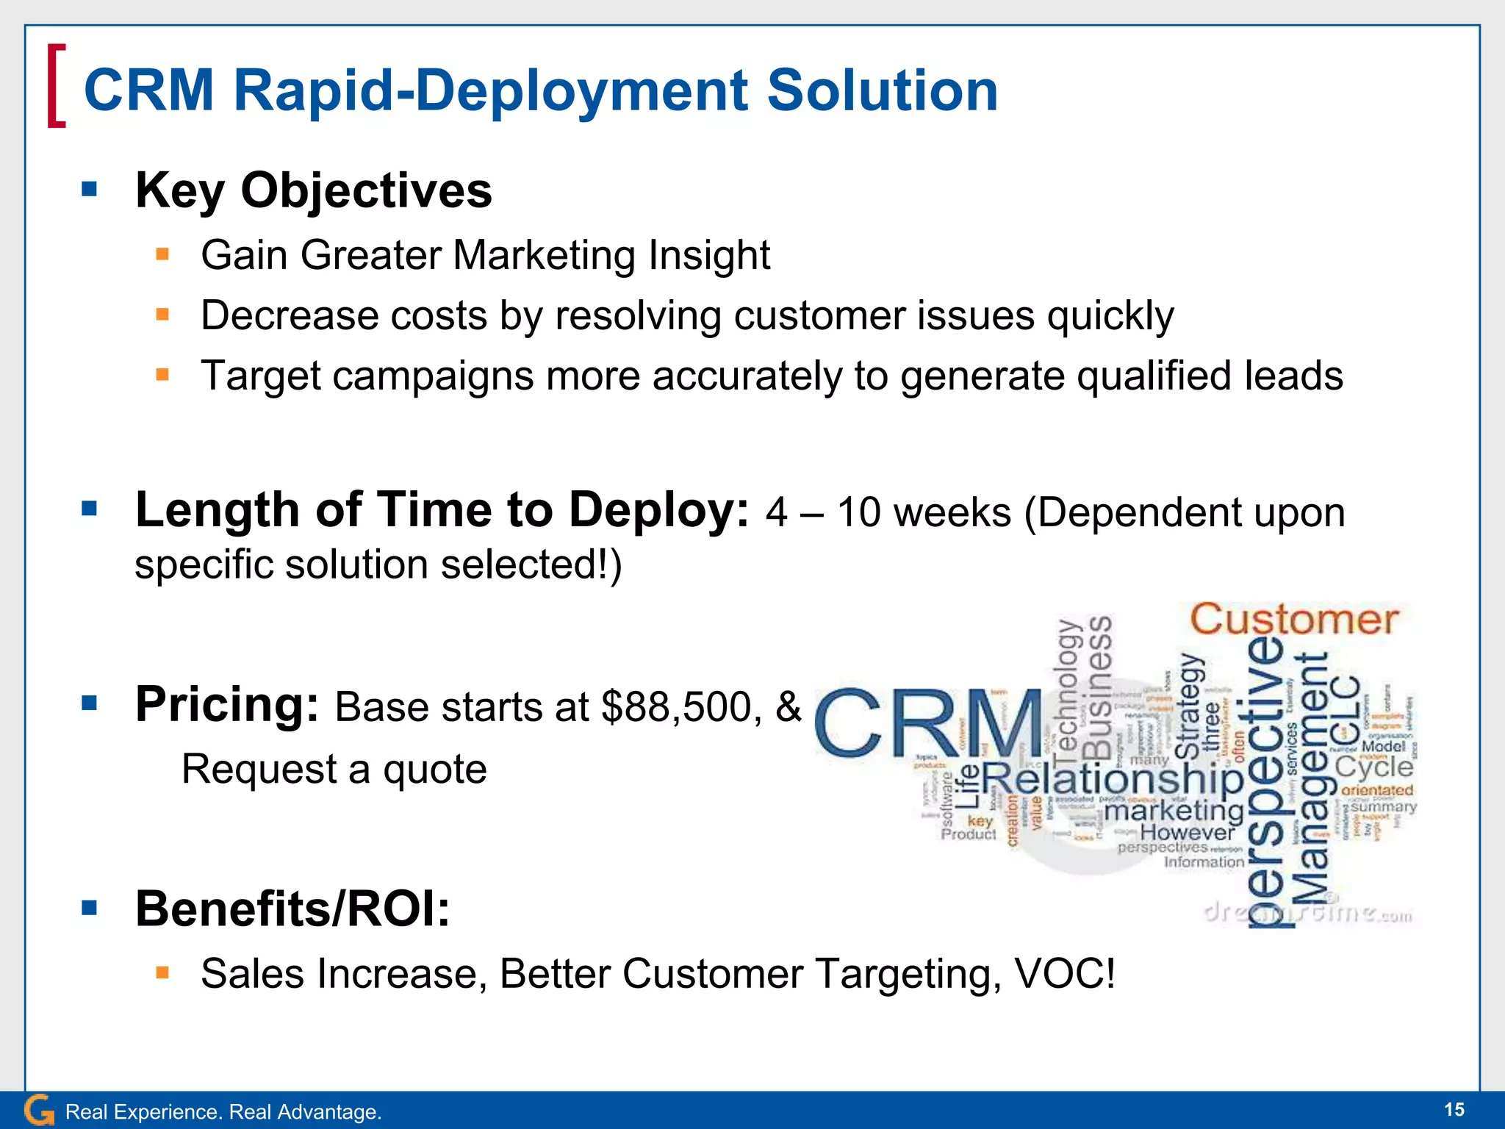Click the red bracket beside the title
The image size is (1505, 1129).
pyautogui.click(x=56, y=86)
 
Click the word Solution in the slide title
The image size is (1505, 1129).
pyautogui.click(x=882, y=90)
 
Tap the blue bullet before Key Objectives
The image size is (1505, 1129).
pyautogui.click(x=90, y=190)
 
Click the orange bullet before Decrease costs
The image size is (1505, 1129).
pyautogui.click(x=162, y=315)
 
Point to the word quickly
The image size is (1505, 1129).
pyautogui.click(x=1110, y=317)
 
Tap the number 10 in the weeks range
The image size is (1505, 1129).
pyautogui.click(x=858, y=513)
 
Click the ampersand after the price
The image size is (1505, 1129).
pyautogui.click(x=789, y=706)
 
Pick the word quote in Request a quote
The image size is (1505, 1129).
pyautogui.click(x=434, y=770)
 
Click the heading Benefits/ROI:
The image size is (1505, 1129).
pyautogui.click(x=292, y=909)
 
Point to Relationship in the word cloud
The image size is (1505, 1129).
pyautogui.click(x=1112, y=779)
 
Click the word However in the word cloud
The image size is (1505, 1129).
pyautogui.click(x=1187, y=833)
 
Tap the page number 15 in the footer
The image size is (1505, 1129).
pyautogui.click(x=1454, y=1110)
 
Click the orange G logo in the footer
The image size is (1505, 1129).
pyautogui.click(x=39, y=1110)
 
